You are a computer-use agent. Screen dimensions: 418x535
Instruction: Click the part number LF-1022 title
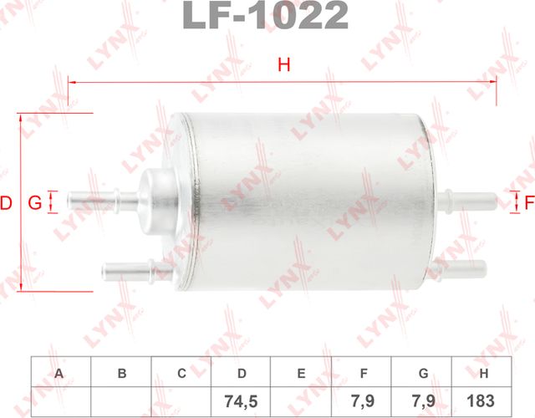point(266,15)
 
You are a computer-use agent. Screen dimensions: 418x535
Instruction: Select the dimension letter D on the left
point(7,201)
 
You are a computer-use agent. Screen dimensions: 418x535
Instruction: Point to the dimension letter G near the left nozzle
point(34,201)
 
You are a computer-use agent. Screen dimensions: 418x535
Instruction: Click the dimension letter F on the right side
point(528,201)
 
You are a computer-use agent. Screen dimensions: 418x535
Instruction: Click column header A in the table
point(60,373)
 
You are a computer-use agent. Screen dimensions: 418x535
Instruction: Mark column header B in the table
point(121,373)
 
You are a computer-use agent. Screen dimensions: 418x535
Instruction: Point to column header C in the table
point(181,373)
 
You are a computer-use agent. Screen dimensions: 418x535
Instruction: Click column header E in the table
point(303,373)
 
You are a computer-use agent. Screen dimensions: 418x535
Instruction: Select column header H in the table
point(483,373)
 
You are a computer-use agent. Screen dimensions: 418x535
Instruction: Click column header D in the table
point(242,373)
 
